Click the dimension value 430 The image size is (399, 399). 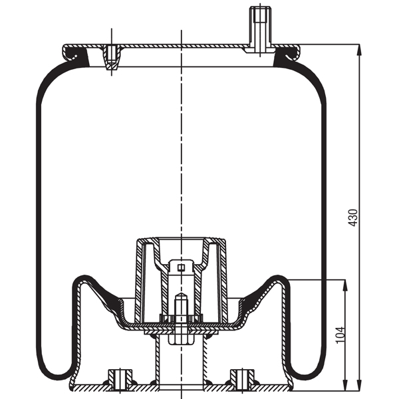coord(353,217)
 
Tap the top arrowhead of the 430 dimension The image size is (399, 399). coord(359,49)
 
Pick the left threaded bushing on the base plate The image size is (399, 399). coord(120,378)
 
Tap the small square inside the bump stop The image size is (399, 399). coord(180,268)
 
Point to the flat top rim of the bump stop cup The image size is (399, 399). coord(180,237)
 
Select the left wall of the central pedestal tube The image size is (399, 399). coord(155,359)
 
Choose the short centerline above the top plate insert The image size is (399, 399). coord(111,37)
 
